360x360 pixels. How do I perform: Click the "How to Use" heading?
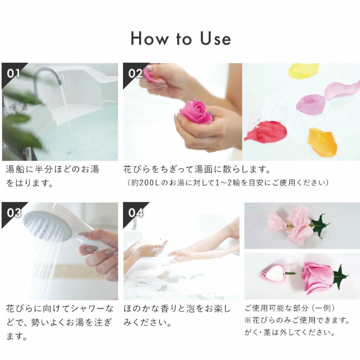[180, 39]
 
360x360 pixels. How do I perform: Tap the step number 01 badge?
[13, 73]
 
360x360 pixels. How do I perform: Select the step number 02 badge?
[135, 73]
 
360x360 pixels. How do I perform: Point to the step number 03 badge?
[13, 213]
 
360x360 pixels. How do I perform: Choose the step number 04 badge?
[135, 213]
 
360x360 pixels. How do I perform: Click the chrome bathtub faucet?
[47, 76]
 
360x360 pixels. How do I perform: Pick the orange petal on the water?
[322, 141]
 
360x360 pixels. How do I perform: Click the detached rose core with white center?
[274, 274]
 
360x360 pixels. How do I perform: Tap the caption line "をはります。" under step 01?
[30, 183]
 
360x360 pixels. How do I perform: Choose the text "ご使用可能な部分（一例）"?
[290, 308]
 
